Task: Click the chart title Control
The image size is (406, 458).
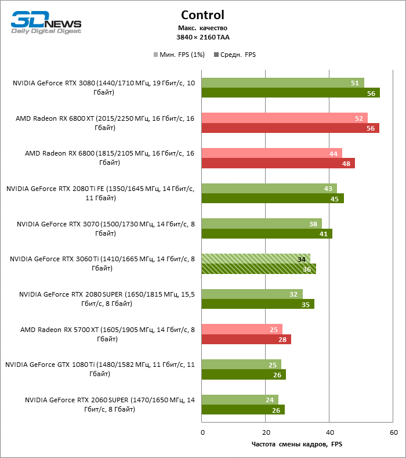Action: (x=202, y=15)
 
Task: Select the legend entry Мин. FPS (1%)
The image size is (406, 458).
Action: (x=177, y=55)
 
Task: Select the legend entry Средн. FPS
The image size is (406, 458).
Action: (x=234, y=55)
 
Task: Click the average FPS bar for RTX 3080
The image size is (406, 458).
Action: (x=290, y=93)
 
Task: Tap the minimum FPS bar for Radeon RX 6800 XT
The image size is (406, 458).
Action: (x=284, y=118)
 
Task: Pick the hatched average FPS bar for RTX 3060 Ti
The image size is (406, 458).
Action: (x=259, y=269)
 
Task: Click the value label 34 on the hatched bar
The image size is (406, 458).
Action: (x=302, y=259)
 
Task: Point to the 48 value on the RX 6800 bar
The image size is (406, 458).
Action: (x=346, y=164)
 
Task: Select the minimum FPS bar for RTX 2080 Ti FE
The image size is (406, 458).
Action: (x=269, y=189)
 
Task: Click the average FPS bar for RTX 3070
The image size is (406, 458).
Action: (x=267, y=234)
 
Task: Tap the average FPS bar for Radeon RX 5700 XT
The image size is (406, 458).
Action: (x=246, y=340)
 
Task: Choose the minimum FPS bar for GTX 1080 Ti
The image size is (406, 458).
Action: (x=241, y=365)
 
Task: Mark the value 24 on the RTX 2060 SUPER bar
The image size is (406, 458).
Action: (x=270, y=400)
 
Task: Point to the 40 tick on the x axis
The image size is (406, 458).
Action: (x=329, y=432)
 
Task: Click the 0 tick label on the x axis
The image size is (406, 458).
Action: (x=202, y=432)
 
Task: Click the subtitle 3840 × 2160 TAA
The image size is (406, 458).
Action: (x=202, y=37)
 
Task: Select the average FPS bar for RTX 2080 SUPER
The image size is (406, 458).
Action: (x=258, y=304)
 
